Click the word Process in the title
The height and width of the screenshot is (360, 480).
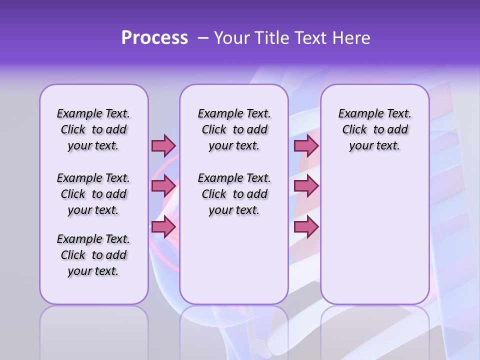coord(154,38)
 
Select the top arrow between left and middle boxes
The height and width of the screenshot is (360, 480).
coord(163,145)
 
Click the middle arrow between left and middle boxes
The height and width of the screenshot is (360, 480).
coord(163,186)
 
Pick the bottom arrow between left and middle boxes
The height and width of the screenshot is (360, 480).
coord(163,227)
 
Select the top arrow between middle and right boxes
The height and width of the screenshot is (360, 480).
coord(306,145)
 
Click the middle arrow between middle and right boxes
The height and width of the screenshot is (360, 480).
coord(306,186)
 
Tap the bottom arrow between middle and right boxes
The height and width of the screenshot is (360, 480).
coord(306,227)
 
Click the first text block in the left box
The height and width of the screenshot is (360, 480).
coord(93,129)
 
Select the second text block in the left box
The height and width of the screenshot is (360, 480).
coord(93,194)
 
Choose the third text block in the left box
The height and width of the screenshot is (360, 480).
coord(93,255)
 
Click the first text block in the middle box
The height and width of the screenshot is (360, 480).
coord(234,129)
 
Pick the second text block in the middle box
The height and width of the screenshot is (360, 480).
coord(234,194)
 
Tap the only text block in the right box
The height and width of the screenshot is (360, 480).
coord(374,129)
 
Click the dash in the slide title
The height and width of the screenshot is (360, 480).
coord(203,38)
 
